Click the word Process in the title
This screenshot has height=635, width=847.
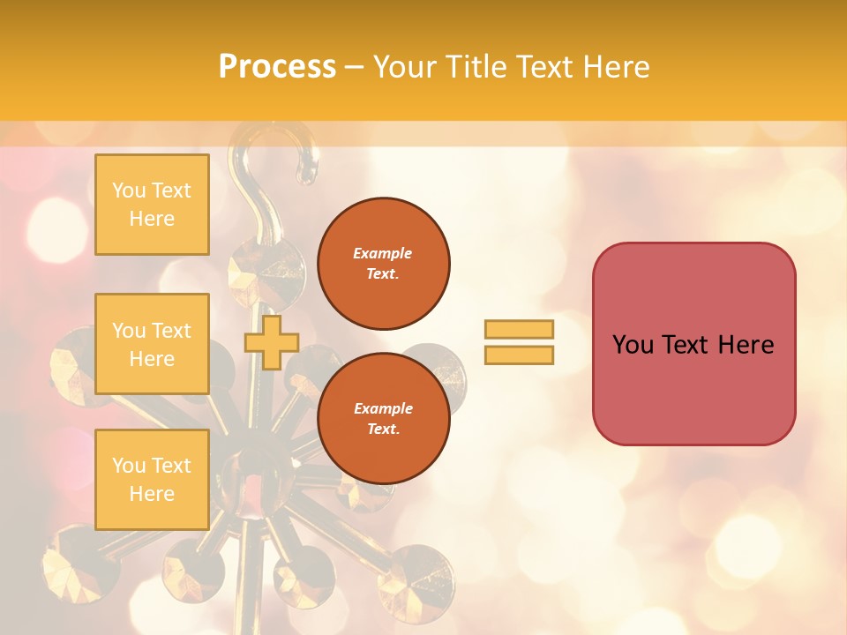pyautogui.click(x=277, y=67)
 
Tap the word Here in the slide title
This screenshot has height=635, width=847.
pyautogui.click(x=614, y=67)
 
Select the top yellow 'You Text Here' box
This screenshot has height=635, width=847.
pyautogui.click(x=152, y=205)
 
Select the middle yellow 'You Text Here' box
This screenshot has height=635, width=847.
pyautogui.click(x=152, y=344)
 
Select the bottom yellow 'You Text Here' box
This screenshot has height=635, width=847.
pyautogui.click(x=152, y=480)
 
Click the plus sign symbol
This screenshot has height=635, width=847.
pyautogui.click(x=271, y=342)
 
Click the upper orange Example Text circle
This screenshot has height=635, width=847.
pyautogui.click(x=383, y=264)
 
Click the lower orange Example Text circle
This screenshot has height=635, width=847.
pyautogui.click(x=383, y=419)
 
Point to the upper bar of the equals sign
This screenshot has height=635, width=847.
pyautogui.click(x=519, y=329)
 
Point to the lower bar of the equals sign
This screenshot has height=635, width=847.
pyautogui.click(x=519, y=355)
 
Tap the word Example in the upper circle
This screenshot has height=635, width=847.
pyautogui.click(x=383, y=253)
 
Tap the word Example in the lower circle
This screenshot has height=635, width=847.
pyautogui.click(x=383, y=408)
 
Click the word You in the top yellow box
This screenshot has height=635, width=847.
pyautogui.click(x=129, y=190)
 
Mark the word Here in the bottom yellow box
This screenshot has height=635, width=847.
pyautogui.click(x=152, y=494)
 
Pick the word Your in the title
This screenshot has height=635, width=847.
pyautogui.click(x=404, y=67)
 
